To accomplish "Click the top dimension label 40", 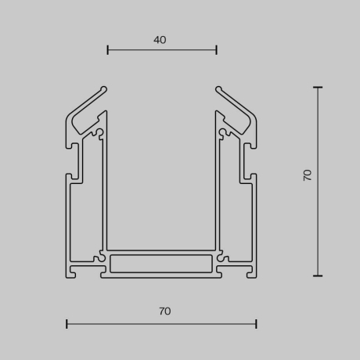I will (x=160, y=40).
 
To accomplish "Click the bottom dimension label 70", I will (x=164, y=311).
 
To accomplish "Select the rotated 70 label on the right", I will (x=308, y=175).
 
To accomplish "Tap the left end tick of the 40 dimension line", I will (x=108, y=50).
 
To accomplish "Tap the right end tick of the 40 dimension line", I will (x=216, y=50).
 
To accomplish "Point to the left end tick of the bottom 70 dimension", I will (x=67, y=323).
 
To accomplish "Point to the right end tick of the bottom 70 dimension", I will (x=256, y=323).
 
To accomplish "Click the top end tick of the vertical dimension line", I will (x=318, y=88).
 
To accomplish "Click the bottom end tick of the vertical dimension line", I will (x=318, y=275).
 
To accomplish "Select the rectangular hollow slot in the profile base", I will (x=161, y=264).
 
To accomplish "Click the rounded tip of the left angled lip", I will (x=104, y=88).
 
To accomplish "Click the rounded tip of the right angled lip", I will (x=218, y=88).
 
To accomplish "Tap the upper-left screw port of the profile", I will (x=99, y=131).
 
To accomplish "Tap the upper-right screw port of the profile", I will (x=224, y=131).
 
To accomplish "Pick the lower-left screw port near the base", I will (x=99, y=257).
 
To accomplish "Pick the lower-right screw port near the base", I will (x=223, y=257).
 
